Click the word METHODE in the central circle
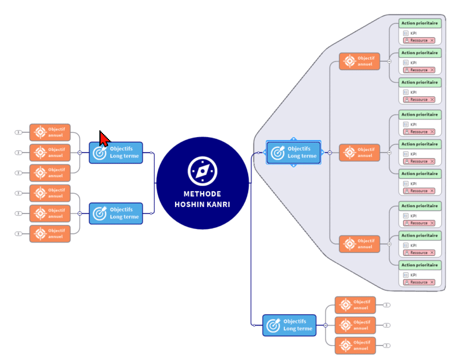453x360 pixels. pos(202,194)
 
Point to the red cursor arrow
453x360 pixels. pos(104,139)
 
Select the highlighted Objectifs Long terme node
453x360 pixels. pos(293,152)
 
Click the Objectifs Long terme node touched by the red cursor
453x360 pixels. pos(116,152)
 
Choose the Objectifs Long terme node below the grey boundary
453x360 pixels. pos(289,325)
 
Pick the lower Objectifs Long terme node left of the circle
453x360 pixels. pos(116,213)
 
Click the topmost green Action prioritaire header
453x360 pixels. pos(419,23)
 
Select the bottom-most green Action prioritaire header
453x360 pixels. pos(419,265)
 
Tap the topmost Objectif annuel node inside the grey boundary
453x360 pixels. pos(360,61)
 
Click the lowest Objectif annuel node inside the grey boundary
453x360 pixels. pos(360,244)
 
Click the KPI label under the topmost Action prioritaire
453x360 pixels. pos(413,33)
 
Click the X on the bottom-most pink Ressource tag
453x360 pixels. pos(432,282)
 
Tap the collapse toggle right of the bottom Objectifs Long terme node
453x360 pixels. pos(326,325)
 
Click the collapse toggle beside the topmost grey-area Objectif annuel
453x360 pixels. pos(389,62)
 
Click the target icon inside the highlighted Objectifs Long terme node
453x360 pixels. pos(277,152)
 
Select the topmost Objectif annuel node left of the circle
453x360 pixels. pos(50,132)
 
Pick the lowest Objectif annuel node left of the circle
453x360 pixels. pos(50,234)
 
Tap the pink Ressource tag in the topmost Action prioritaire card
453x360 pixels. pos(416,40)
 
